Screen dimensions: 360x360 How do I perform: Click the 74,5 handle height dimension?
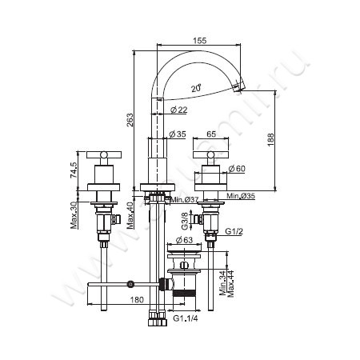tap(74, 170)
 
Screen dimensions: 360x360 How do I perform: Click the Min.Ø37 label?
tap(185, 199)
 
